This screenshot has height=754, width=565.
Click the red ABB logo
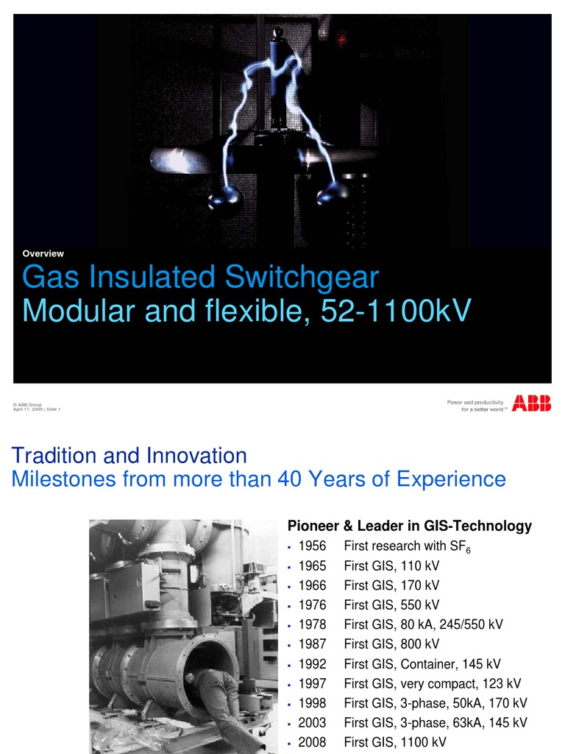click(532, 403)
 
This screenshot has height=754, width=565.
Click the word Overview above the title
click(43, 253)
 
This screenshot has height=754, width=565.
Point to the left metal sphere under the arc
click(226, 197)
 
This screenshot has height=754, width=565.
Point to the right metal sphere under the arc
click(331, 193)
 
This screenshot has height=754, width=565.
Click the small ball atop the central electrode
click(278, 32)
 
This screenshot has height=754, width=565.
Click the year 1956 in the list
click(312, 546)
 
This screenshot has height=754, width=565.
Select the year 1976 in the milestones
click(312, 605)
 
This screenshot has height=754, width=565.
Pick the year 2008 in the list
click(312, 742)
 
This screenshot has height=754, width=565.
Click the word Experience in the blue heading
click(451, 479)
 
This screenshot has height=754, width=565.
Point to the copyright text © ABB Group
click(28, 405)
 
